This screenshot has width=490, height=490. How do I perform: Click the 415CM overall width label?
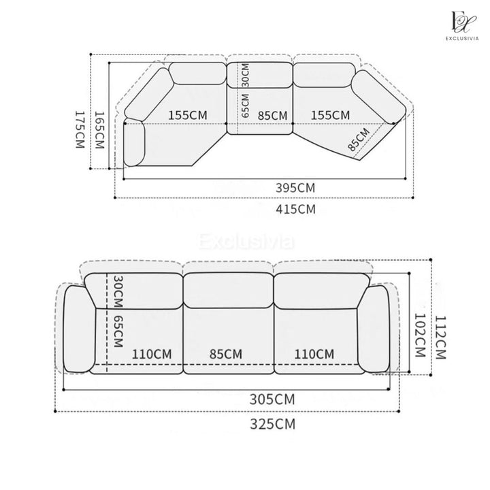click(295, 209)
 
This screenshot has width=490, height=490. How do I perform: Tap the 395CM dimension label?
click(295, 188)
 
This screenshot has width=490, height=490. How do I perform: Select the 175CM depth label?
click(80, 129)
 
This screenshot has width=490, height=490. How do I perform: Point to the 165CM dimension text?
click(99, 130)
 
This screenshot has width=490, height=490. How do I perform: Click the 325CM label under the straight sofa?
click(272, 424)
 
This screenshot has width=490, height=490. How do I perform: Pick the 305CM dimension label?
click(272, 399)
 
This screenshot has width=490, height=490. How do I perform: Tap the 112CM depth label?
click(440, 338)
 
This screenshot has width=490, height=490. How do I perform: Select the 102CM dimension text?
click(420, 336)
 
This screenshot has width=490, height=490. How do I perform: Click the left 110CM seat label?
click(152, 355)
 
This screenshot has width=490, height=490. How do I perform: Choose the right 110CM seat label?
click(314, 354)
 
